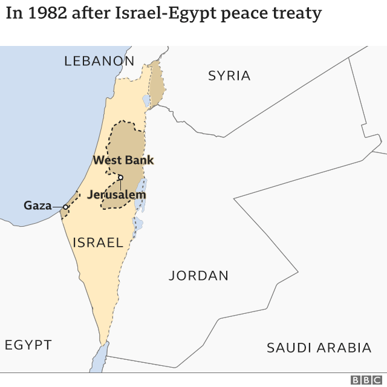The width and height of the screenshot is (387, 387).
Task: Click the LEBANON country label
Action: pyautogui.click(x=99, y=60)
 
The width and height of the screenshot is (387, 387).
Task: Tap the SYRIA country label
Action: pyautogui.click(x=229, y=76)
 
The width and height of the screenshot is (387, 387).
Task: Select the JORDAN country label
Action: pyautogui.click(x=198, y=276)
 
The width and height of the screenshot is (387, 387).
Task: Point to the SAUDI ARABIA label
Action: pyautogui.click(x=319, y=348)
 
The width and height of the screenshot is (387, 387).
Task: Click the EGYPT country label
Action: pyautogui.click(x=28, y=345)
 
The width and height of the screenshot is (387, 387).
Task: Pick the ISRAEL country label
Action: pyautogui.click(x=98, y=242)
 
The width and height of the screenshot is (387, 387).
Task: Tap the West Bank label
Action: pyautogui.click(x=123, y=160)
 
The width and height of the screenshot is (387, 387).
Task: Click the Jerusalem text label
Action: pyautogui.click(x=117, y=195)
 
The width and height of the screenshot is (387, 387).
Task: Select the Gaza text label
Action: pyautogui.click(x=37, y=206)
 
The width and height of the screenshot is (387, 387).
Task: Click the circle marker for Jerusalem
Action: pyautogui.click(x=120, y=177)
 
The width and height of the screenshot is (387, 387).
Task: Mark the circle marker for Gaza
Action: pyautogui.click(x=65, y=207)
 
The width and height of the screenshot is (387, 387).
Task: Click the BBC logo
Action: pyautogui.click(x=364, y=380)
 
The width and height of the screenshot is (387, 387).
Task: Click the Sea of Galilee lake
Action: pyautogui.click(x=146, y=100)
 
